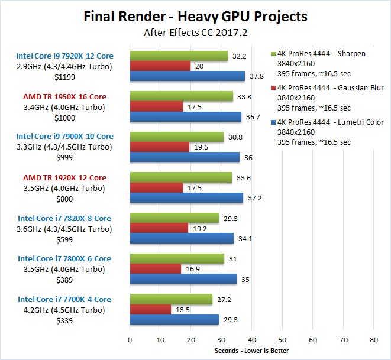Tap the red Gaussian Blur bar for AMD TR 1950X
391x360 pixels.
coord(156,107)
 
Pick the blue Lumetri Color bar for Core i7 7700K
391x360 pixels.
coord(174,320)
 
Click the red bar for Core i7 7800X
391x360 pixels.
coord(155,269)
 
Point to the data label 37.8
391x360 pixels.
coord(256,76)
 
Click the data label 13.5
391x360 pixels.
coord(183,310)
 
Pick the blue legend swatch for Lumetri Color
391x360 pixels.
coord(273,122)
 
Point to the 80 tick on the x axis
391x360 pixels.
coord(373,340)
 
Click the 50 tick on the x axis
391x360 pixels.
coord(282,340)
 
